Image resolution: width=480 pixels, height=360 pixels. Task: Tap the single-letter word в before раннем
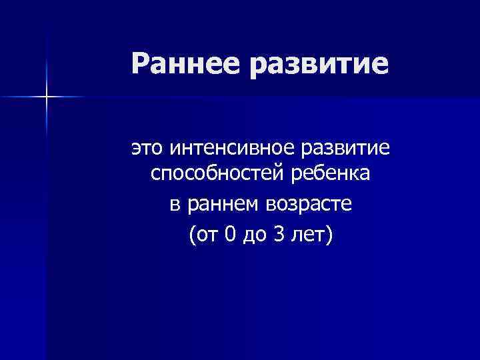[x=174, y=205]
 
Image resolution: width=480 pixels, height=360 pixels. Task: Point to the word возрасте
[x=310, y=206]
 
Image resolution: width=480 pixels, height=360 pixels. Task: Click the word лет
[x=308, y=234]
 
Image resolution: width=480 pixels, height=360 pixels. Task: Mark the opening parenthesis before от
[x=194, y=235]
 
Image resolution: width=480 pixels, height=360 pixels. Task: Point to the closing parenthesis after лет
[x=328, y=235]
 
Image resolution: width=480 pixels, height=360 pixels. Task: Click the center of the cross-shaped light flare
[x=47, y=97]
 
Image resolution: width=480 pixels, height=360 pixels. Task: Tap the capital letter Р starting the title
[x=139, y=64]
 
